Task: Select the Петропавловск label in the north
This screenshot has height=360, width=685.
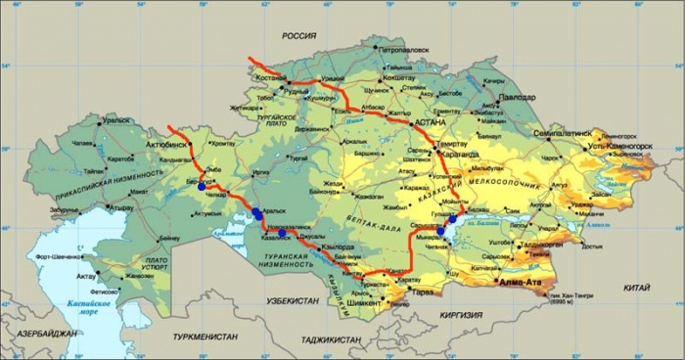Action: pos(406,47)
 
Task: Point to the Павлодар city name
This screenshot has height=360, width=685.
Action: pos(515,99)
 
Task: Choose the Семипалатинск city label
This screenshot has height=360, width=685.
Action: pos(563,131)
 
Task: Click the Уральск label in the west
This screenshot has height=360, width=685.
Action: pos(116,120)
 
